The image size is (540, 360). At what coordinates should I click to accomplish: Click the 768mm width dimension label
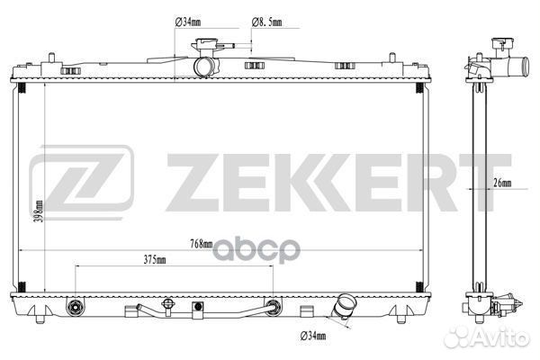pyautogui.click(x=201, y=244)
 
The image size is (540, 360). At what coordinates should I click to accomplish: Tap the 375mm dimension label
pyautogui.click(x=155, y=259)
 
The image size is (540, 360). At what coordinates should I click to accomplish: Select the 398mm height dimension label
pyautogui.click(x=39, y=211)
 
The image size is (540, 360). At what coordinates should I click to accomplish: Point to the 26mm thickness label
pyautogui.click(x=502, y=183)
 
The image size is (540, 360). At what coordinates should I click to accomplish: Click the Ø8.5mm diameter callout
pyautogui.click(x=267, y=22)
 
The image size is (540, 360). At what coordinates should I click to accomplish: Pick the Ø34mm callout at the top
pyautogui.click(x=188, y=22)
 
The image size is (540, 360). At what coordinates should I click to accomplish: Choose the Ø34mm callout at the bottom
pyautogui.click(x=313, y=336)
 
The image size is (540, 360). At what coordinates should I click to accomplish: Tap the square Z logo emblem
pyautogui.click(x=82, y=182)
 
